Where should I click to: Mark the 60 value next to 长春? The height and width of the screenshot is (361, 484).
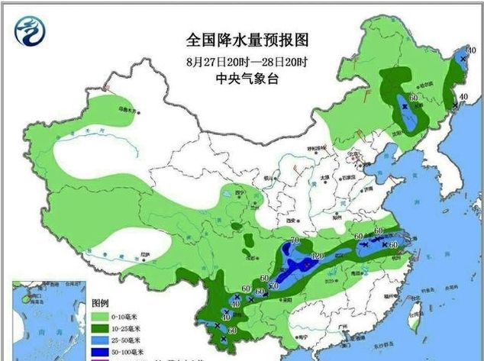[x=414, y=98]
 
